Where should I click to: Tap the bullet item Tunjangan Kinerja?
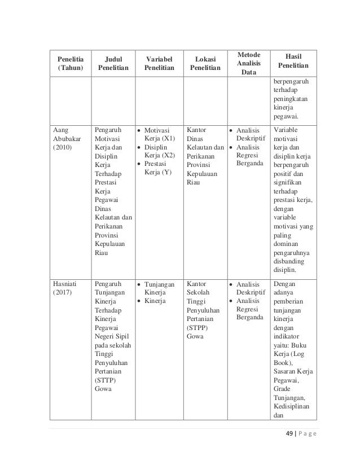point(159,289)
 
